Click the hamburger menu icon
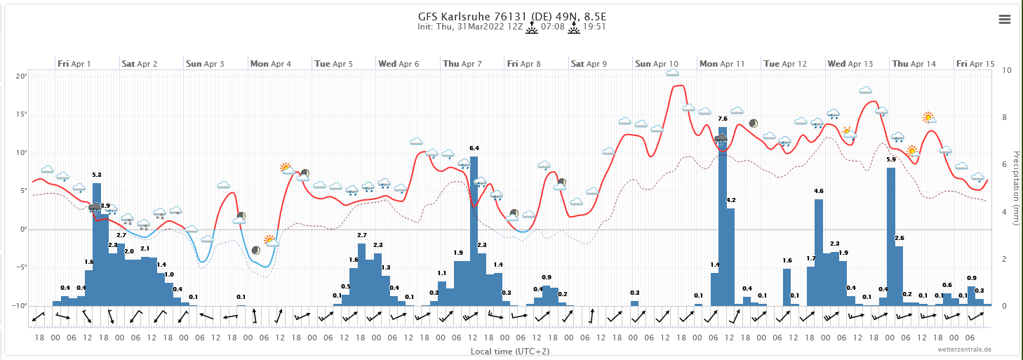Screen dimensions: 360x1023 tap(1004, 20)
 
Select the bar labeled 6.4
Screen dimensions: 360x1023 tap(474, 232)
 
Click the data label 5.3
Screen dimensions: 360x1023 tap(97, 175)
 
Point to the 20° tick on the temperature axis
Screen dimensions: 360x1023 tap(22, 76)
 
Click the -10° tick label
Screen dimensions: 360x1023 tap(20, 306)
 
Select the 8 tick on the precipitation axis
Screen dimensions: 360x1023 tap(1007, 118)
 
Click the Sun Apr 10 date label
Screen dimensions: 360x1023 tap(657, 64)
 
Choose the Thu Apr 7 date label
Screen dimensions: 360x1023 tap(462, 64)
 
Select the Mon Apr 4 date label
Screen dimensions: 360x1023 tap(270, 64)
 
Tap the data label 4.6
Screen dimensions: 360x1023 tap(818, 191)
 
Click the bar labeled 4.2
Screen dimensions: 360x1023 tap(730, 257)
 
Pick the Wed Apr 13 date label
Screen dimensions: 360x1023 tap(850, 64)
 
